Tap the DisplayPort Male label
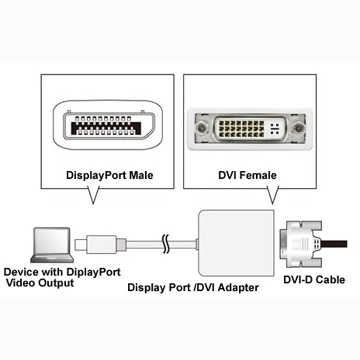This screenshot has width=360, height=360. coord(109,176)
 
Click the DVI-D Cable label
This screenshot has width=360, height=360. coord(314,280)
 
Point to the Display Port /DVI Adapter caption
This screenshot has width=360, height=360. coord(193,287)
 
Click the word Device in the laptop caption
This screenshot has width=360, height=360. coord(19,271)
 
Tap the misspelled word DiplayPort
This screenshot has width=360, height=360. coord(92,271)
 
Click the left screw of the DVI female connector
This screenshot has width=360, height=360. coord(202,128)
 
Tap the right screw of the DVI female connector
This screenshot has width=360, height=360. coord(298,128)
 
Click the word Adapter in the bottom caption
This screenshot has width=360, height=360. coord(238,287)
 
